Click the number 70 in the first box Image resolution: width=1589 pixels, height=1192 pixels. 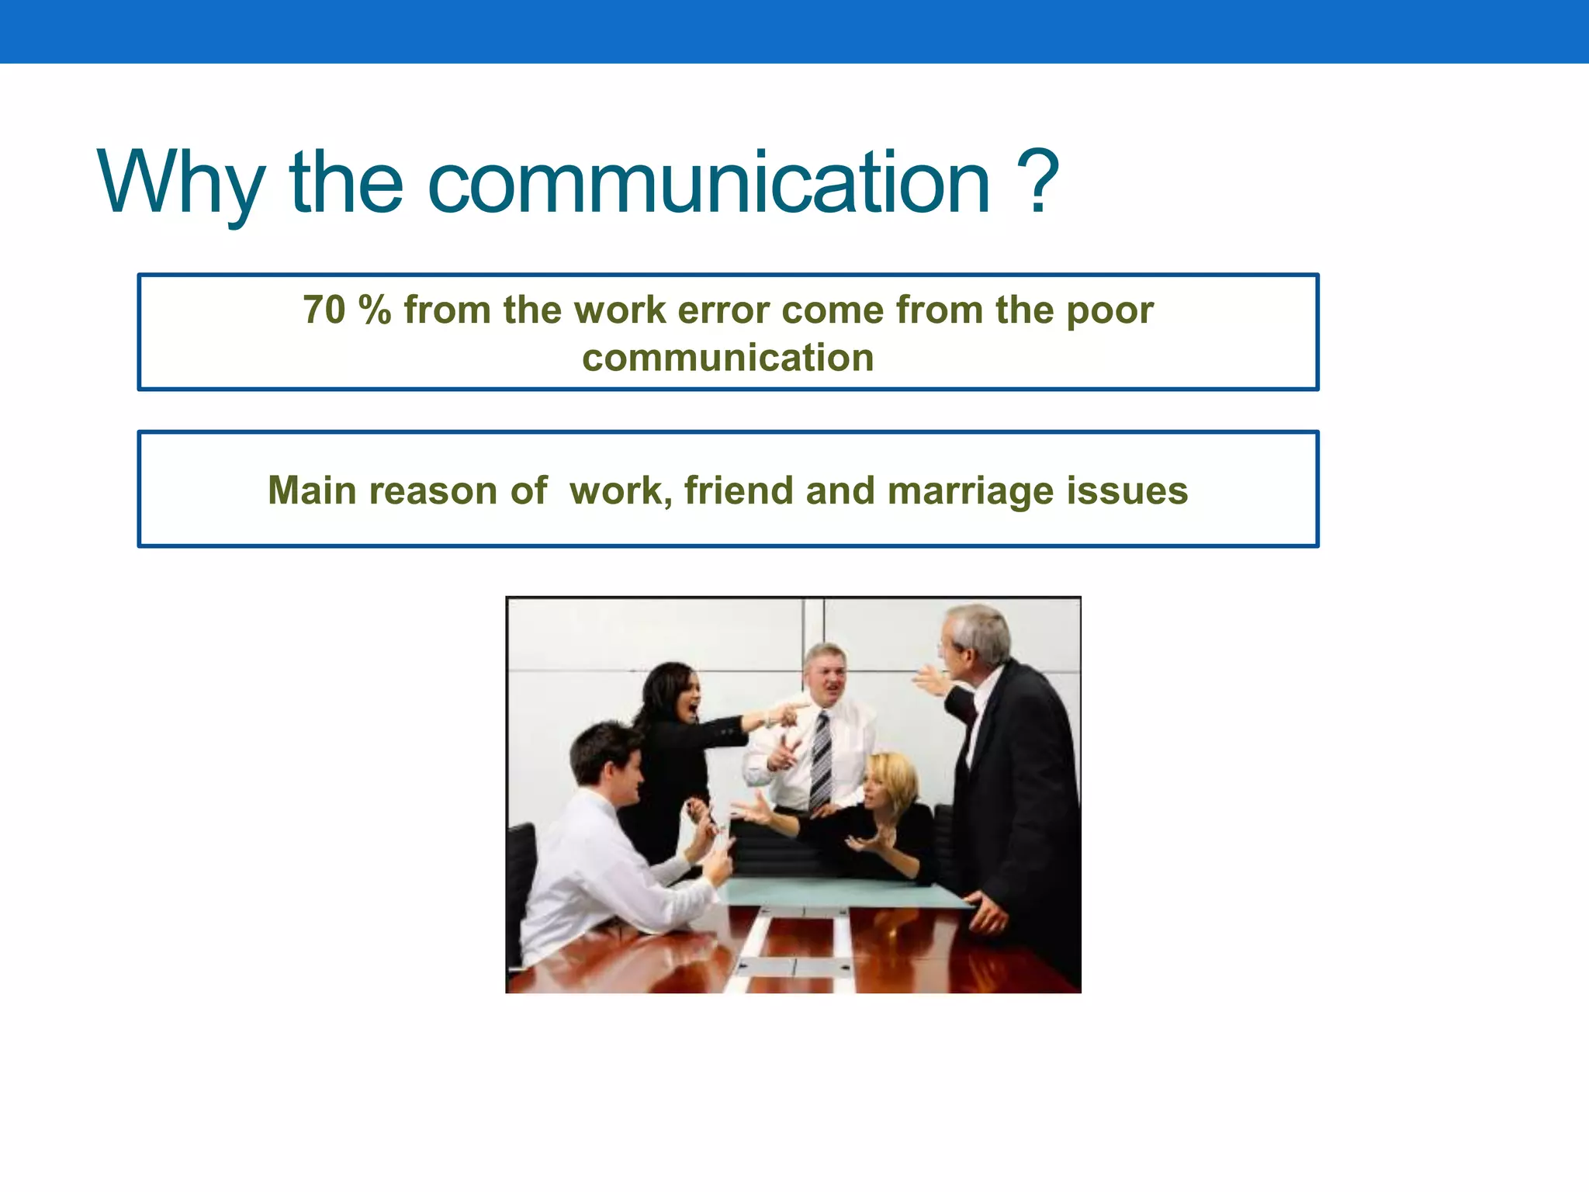[x=324, y=310]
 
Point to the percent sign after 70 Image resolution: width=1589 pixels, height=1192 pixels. [x=375, y=310]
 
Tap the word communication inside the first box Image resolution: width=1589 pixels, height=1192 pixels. [x=728, y=358]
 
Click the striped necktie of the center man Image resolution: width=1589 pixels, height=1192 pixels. [x=819, y=761]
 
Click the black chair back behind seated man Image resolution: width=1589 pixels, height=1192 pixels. [x=521, y=861]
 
